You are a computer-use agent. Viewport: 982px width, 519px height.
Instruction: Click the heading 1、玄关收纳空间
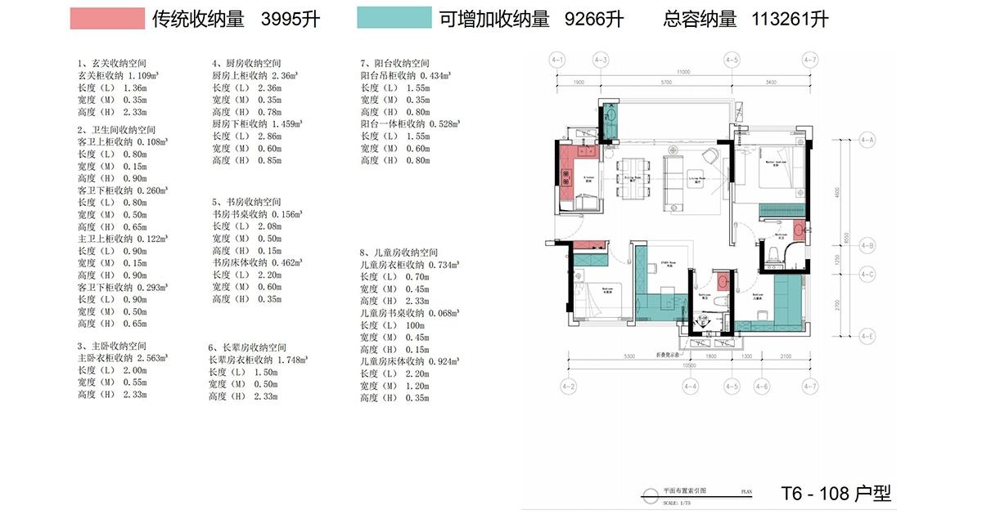click(112, 63)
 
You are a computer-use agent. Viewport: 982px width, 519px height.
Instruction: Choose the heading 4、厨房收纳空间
click(246, 63)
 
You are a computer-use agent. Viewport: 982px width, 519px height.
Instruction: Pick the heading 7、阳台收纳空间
click(394, 63)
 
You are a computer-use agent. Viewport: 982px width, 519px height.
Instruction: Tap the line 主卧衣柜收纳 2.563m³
click(123, 357)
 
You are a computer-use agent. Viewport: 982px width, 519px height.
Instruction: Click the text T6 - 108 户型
click(836, 493)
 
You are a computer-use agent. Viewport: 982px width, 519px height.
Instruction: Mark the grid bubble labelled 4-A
click(867, 140)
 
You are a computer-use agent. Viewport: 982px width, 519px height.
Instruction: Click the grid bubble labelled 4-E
click(867, 336)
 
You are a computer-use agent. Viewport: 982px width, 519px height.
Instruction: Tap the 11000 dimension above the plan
click(684, 72)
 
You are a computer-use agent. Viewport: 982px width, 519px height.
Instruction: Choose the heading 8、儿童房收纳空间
click(399, 253)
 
